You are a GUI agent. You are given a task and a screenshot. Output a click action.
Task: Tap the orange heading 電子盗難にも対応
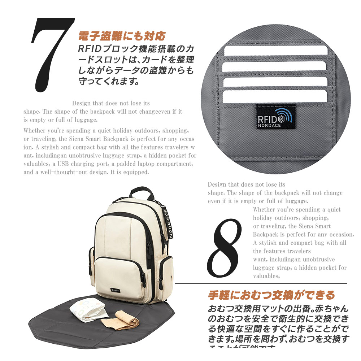[x=122, y=36]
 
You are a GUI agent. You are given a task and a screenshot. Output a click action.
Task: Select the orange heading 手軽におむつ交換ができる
[x=271, y=295]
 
